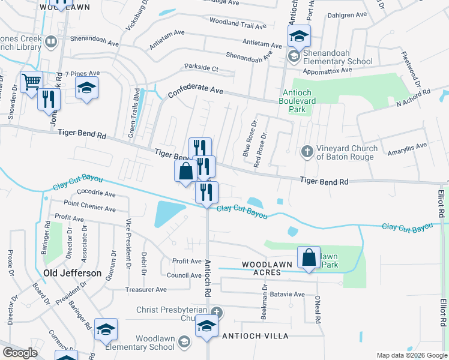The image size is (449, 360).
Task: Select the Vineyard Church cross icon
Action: coord(307,150)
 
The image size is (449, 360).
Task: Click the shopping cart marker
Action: coord(31,81)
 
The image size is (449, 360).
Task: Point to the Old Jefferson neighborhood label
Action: coord(73,273)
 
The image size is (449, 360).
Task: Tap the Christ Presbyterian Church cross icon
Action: coord(217,311)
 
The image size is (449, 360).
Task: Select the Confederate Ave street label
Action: coord(195,91)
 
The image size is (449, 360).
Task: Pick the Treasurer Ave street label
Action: coord(146,289)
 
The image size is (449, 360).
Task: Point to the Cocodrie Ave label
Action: coord(96,194)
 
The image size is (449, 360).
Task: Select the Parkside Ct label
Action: coord(201,68)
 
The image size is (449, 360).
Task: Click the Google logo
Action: coord(20,352)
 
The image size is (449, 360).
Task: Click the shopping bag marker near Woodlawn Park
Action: coord(309,258)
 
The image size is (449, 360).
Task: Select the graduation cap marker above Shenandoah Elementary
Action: coord(298,36)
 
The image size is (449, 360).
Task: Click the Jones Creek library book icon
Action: coord(51,42)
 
